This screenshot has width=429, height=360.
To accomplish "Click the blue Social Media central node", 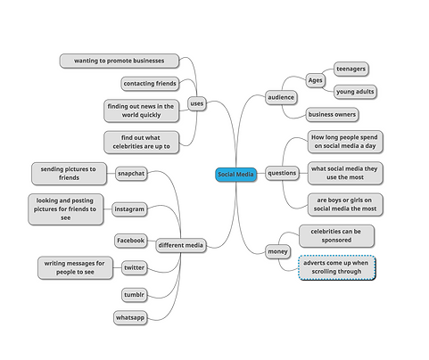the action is [x=235, y=175].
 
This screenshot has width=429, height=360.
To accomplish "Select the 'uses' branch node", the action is [x=197, y=103].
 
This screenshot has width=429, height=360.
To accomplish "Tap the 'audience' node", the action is [x=281, y=97].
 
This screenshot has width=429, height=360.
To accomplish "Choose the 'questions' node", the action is [x=282, y=173].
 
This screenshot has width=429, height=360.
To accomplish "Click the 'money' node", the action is [x=277, y=251].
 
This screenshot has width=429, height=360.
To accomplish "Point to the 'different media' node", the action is [x=181, y=245].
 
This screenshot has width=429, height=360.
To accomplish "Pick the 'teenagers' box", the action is [x=351, y=69].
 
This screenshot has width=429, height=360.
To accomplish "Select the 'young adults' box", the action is [x=355, y=92].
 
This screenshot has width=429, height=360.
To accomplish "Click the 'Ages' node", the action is [x=315, y=80].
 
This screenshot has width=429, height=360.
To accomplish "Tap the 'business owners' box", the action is [x=332, y=115].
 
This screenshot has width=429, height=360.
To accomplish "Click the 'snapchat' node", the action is [x=131, y=174].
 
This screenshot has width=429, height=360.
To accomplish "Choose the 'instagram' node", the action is [x=129, y=209].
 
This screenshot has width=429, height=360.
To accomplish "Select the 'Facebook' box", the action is [x=131, y=241].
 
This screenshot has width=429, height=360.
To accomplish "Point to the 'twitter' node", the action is [x=134, y=267].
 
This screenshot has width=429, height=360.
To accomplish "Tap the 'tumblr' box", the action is [x=134, y=295].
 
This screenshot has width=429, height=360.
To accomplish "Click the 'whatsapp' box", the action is [x=130, y=318].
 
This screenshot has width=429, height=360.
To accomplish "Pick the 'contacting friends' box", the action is [x=150, y=84].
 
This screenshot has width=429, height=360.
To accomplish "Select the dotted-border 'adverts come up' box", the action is [x=337, y=267].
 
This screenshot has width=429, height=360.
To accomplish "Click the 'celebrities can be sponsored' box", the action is [x=336, y=236].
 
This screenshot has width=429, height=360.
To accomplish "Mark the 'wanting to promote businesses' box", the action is [x=120, y=61].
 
